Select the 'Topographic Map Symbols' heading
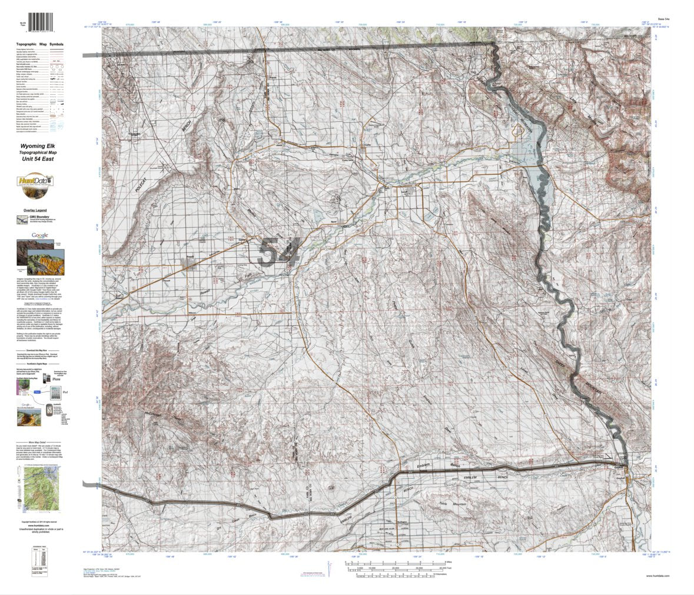pos(43,44)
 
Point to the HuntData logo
pos(35,182)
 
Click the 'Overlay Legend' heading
pos(35,210)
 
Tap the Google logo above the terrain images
pos(40,235)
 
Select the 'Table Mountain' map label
pos(452,504)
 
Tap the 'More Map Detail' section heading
pos(40,441)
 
